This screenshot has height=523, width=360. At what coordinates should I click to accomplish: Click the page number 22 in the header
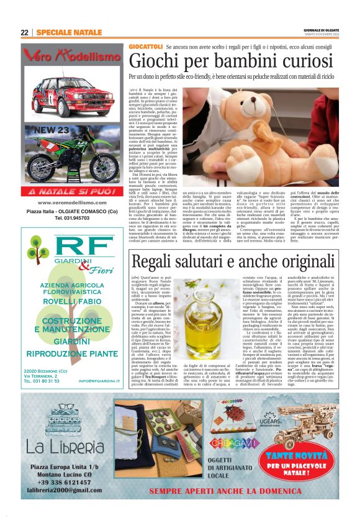tap(25, 32)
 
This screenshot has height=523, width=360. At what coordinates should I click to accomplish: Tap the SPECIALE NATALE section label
tap(69, 32)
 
